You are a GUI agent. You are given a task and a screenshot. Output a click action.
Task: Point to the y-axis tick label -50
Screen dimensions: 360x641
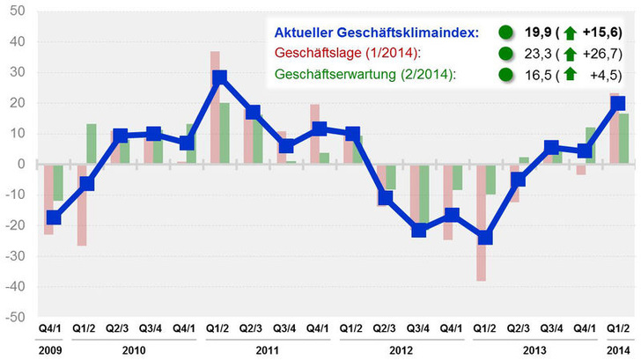16,317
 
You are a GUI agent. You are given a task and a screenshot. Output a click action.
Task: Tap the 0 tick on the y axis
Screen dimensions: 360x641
22,164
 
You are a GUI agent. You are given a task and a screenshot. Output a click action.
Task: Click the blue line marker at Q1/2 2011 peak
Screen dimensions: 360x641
220,77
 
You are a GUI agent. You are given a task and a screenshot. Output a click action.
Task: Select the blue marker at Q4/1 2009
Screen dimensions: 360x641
54,217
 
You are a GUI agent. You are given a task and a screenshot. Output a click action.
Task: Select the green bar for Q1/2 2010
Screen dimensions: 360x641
92,143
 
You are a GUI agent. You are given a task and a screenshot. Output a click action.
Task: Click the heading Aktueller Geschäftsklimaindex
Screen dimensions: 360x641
372,33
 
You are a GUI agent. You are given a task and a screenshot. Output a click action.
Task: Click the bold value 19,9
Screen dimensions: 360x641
538,33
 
